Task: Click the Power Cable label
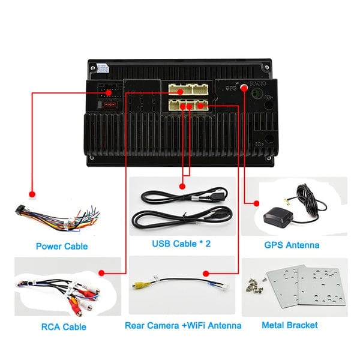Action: pos(62,246)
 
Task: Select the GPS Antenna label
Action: pos(292,245)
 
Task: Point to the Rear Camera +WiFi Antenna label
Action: pos(183,326)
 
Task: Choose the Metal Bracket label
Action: pos(290,326)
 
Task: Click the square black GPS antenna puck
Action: pos(275,217)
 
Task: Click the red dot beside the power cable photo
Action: pos(33,194)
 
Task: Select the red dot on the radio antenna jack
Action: pos(245,88)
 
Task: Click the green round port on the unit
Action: pos(257,94)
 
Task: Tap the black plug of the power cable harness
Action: pos(17,212)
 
